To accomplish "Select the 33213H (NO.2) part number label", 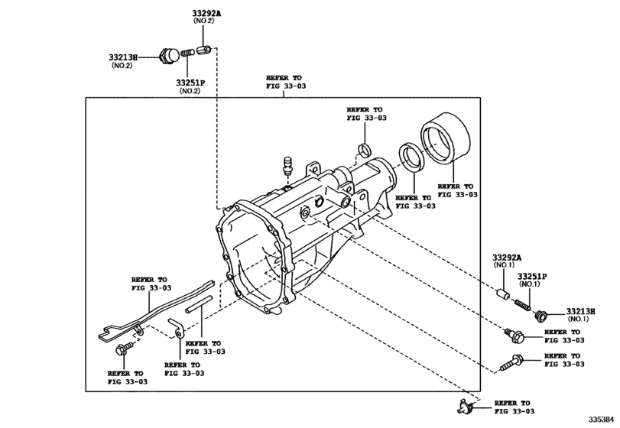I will coord(122,57).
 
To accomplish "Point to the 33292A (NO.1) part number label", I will coord(507,258).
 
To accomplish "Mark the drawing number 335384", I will coord(601,420).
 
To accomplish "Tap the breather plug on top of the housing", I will coord(288,164).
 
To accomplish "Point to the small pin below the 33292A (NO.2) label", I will coord(203,50).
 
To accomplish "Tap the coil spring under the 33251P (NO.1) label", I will coord(524,303).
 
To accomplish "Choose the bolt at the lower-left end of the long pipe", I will coord(122,349).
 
